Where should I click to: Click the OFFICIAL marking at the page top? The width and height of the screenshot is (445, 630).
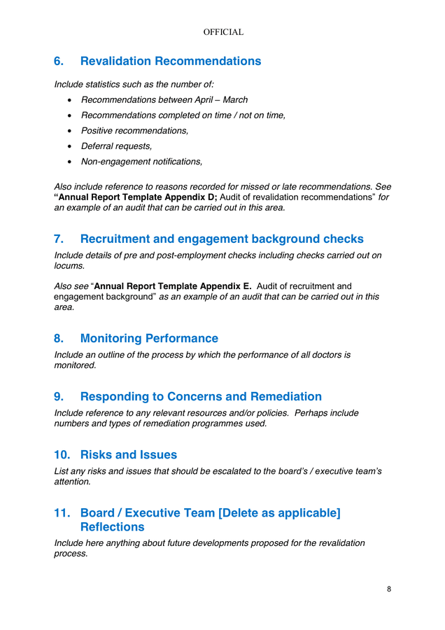(x=222, y=32)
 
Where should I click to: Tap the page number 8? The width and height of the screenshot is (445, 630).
(x=389, y=589)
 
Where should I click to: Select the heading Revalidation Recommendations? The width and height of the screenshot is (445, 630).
(x=171, y=62)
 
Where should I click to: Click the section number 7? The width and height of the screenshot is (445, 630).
(x=59, y=239)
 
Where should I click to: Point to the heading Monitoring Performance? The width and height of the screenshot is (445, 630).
(x=149, y=339)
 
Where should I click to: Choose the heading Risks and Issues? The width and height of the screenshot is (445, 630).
(x=129, y=455)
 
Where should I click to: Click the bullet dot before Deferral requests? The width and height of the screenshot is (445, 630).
(x=69, y=146)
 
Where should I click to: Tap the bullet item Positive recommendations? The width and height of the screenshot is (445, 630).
(x=134, y=131)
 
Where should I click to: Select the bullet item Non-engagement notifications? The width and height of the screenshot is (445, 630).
(x=141, y=162)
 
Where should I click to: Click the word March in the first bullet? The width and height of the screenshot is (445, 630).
(x=235, y=100)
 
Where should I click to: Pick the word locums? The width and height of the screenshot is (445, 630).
(x=69, y=266)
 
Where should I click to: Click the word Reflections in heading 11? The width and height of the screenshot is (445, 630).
(x=112, y=527)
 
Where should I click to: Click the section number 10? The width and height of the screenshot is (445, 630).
(x=62, y=455)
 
